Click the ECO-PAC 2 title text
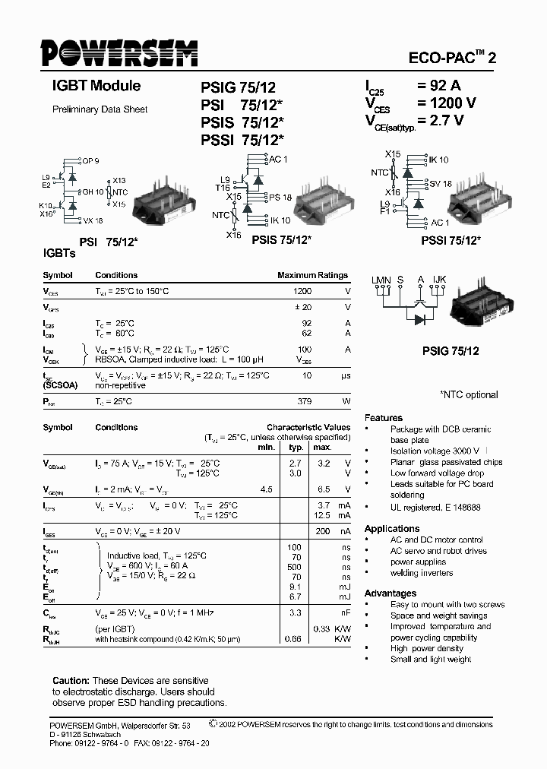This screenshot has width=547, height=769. (x=454, y=58)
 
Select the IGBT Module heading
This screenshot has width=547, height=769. (x=96, y=87)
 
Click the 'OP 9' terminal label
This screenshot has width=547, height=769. (x=90, y=160)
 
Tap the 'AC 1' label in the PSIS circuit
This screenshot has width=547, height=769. (x=278, y=159)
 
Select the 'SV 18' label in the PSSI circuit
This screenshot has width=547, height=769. (x=441, y=184)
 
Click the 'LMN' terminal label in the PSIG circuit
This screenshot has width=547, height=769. (x=381, y=280)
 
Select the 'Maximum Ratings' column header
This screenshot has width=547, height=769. (x=312, y=275)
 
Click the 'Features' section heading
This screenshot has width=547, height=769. (x=384, y=418)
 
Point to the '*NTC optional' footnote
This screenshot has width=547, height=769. (x=469, y=394)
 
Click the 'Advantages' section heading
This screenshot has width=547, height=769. (x=390, y=593)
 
